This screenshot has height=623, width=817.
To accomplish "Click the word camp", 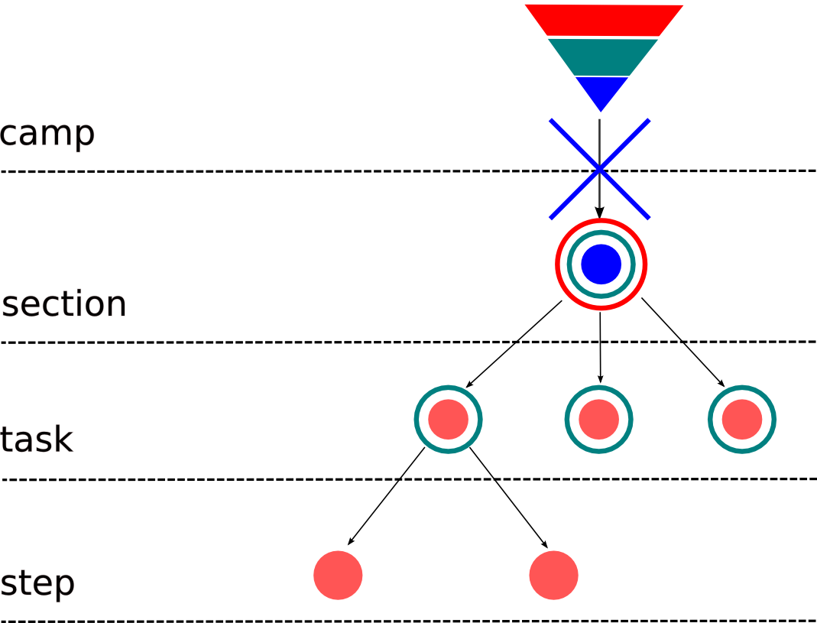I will [x=47, y=135].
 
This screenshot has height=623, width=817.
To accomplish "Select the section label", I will [x=64, y=304].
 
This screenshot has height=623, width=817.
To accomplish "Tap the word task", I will [x=37, y=440].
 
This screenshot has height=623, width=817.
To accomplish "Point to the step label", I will [x=37, y=584].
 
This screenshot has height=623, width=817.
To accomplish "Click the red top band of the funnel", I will [x=603, y=20].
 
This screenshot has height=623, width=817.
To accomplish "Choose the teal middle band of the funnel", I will [x=602, y=57].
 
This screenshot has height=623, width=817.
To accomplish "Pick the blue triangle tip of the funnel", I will [x=601, y=90].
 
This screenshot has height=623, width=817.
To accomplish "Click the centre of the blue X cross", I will [x=600, y=170].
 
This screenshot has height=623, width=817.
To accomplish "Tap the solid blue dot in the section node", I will [x=601, y=264].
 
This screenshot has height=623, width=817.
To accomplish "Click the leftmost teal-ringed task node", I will [x=448, y=419].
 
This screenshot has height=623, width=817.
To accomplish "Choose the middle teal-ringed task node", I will [x=598, y=419].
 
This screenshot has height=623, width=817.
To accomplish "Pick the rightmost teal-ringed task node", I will [x=742, y=419].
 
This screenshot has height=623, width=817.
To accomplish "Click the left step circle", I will [x=338, y=575].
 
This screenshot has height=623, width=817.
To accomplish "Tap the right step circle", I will [x=553, y=575].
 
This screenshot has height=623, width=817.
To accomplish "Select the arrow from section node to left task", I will [x=514, y=344].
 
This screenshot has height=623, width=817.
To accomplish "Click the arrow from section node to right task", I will [x=682, y=341].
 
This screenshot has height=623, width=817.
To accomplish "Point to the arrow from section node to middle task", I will [x=600, y=348].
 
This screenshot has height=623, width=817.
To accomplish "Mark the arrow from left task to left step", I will [x=386, y=496].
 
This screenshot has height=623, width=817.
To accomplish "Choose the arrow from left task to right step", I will [x=508, y=497].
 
